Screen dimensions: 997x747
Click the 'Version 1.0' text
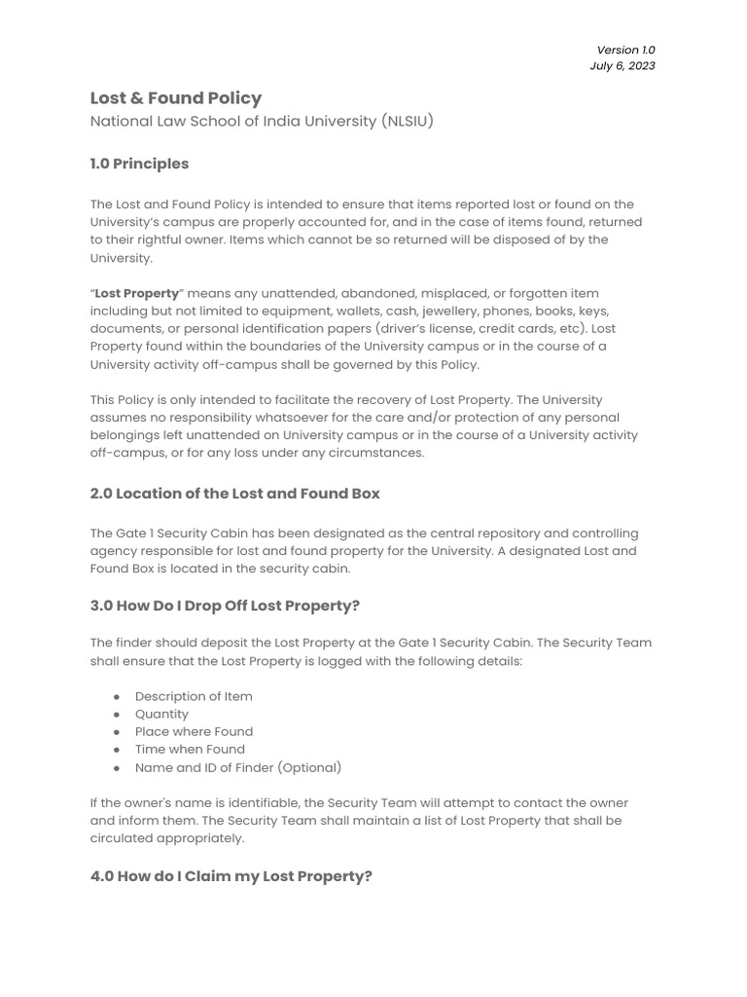click(x=625, y=50)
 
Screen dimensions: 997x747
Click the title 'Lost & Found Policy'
click(x=176, y=98)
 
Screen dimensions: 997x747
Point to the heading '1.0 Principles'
click(x=139, y=164)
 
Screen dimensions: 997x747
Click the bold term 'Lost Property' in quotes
click(x=137, y=293)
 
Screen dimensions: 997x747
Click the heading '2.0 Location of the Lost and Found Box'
click(x=234, y=494)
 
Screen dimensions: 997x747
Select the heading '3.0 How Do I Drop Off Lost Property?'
click(x=225, y=606)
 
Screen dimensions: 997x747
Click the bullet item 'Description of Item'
click(x=194, y=696)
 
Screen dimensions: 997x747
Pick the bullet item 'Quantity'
click(x=161, y=714)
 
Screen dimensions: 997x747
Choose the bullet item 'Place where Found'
click(x=194, y=731)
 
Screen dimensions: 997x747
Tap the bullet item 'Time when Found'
click(x=190, y=749)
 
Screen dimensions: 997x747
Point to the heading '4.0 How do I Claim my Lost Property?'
click(x=231, y=876)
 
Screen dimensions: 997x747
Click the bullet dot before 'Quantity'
click(x=117, y=715)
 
